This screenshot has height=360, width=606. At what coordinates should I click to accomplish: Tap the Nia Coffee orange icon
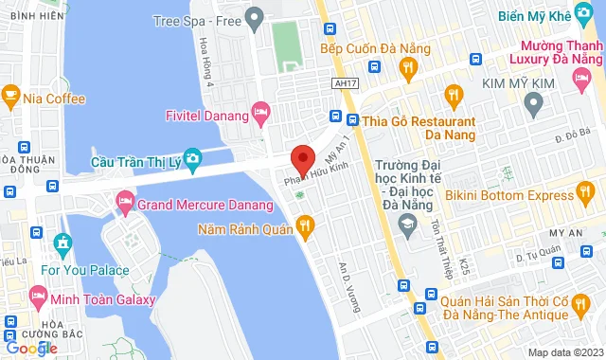point(11,97)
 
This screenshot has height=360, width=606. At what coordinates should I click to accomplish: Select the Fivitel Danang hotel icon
point(261,117)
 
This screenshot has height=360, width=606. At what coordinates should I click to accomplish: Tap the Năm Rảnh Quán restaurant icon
point(304,226)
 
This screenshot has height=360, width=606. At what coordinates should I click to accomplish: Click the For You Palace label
point(86,269)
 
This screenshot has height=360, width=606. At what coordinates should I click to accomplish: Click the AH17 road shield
point(348,83)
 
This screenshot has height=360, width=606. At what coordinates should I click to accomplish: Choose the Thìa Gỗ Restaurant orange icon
point(354,120)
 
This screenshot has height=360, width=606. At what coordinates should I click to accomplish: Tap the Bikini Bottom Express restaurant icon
point(588,196)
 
